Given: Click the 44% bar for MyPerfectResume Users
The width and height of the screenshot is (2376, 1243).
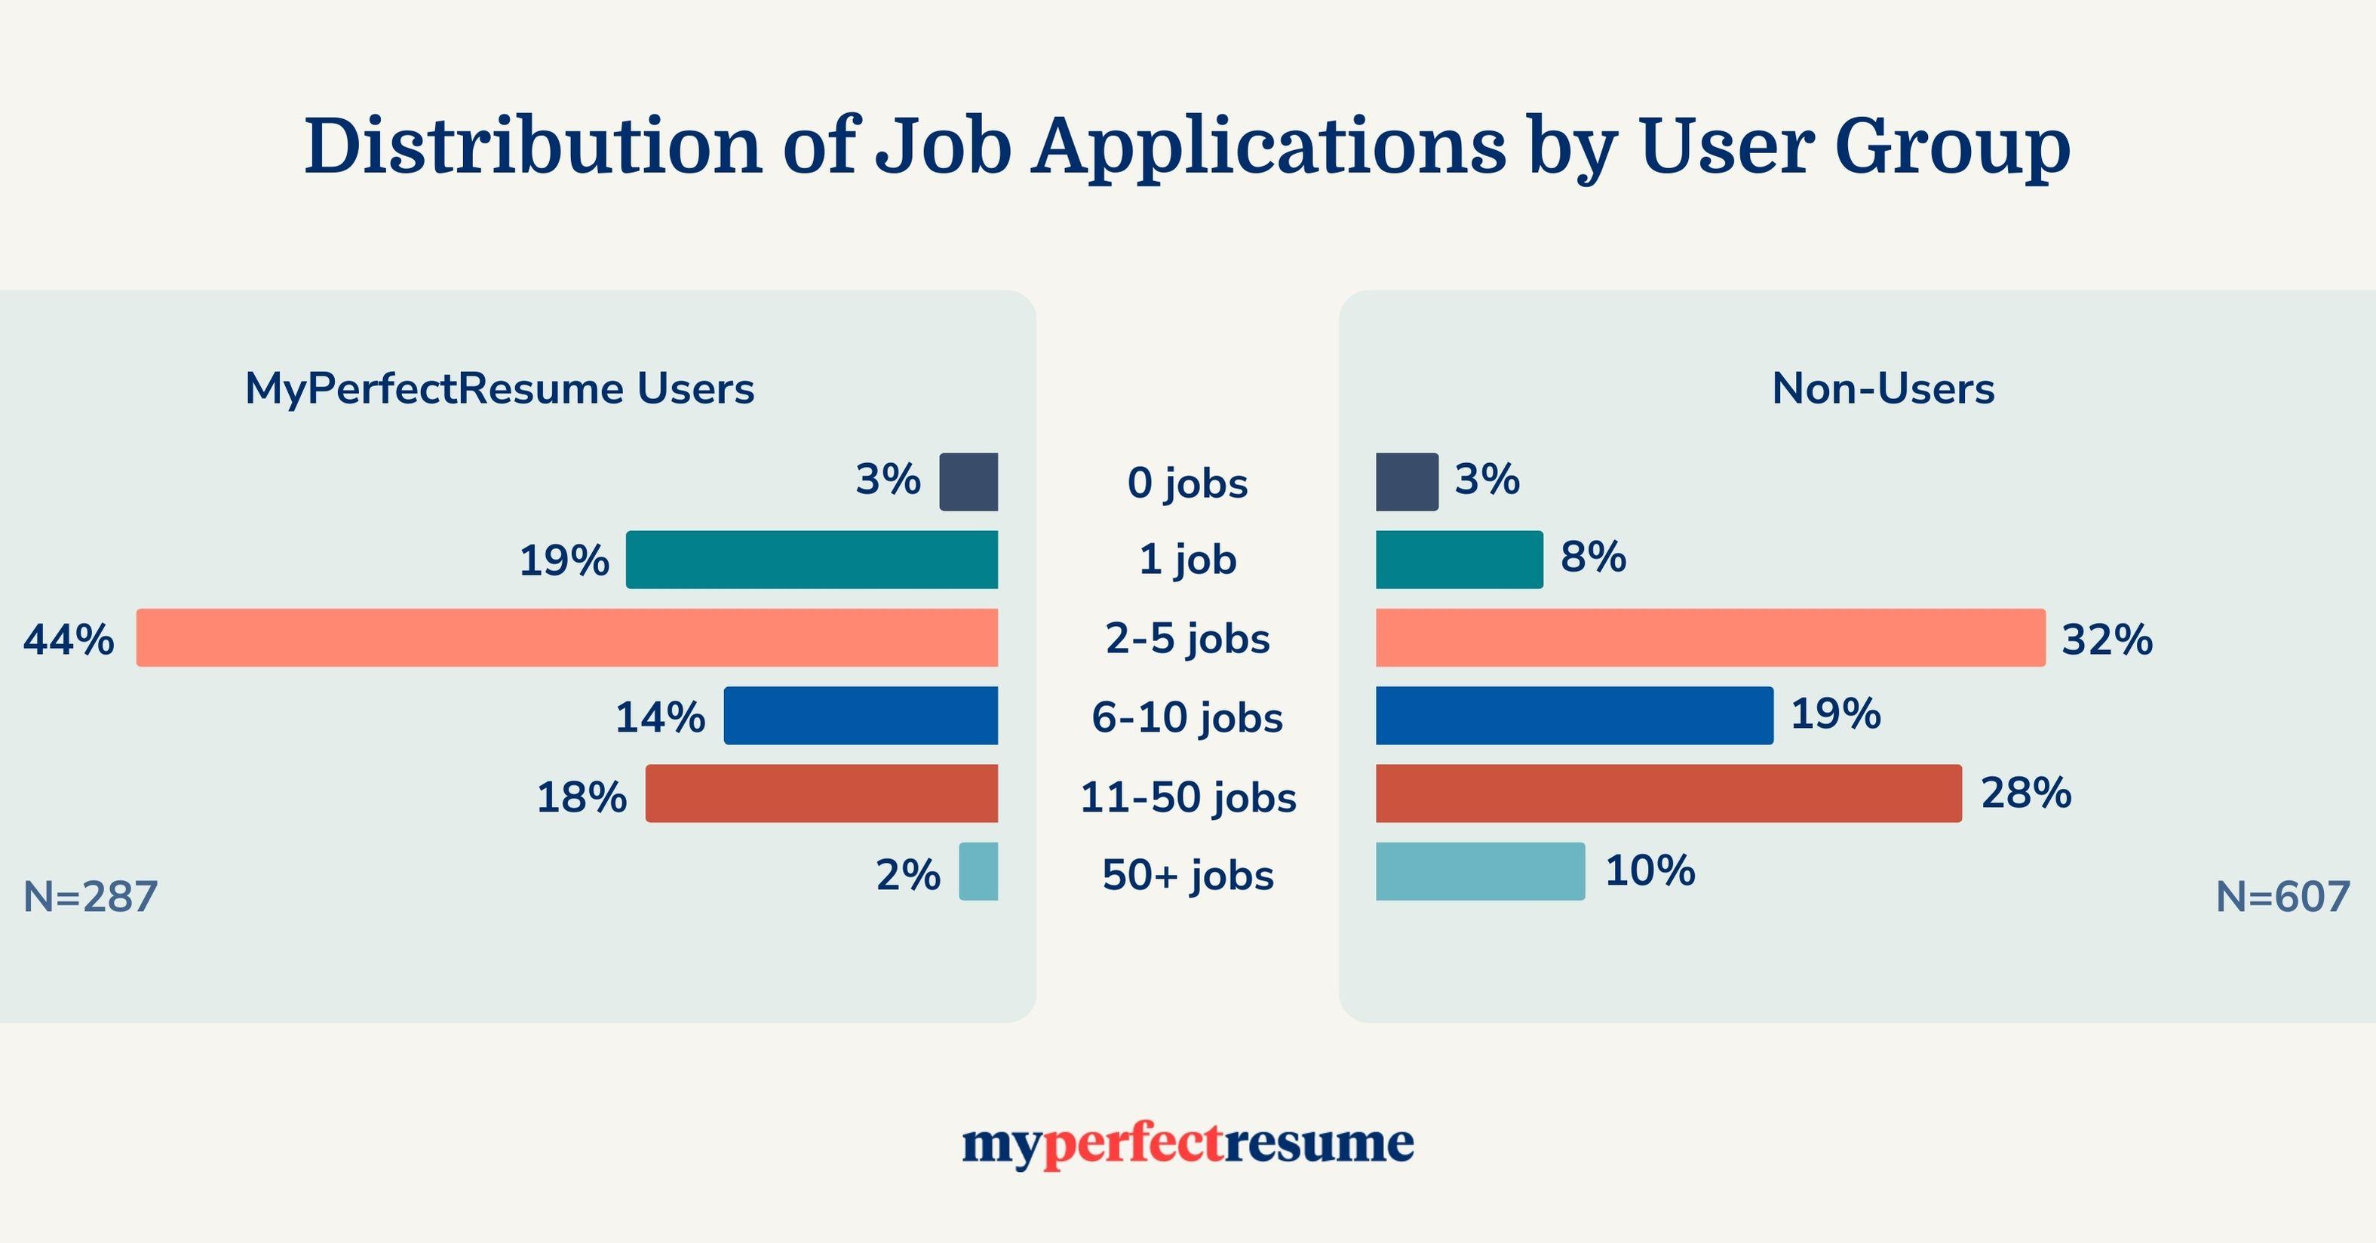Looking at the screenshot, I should pos(567,637).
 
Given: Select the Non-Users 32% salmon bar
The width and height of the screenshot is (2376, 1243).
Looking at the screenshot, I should pos(1710,637).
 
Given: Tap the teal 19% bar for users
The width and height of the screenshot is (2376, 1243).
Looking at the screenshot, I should pos(812,560).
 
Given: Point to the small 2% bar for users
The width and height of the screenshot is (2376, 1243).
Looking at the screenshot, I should pos(978,871).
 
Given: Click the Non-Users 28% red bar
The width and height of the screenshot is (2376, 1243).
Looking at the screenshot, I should pos(1668,793).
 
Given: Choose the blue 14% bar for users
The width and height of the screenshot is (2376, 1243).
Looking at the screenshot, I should pos(861,716).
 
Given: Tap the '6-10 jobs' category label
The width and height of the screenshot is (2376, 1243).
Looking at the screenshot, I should pos(1187,717).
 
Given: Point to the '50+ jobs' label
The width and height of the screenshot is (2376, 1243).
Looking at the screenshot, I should pos(1187,875).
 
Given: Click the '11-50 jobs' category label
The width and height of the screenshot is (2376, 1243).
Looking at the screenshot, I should pos(1187,796).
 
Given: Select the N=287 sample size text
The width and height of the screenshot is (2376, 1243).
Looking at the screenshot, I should pos(91,898).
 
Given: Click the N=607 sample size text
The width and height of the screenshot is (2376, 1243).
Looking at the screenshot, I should pos(2282,898).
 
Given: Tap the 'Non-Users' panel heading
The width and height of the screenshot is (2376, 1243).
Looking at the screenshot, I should pos(1883,389).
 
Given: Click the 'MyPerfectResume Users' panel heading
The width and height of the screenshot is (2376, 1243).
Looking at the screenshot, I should pos(499,389).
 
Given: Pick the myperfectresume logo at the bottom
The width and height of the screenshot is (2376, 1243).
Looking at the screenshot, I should pos(1187,1144).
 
